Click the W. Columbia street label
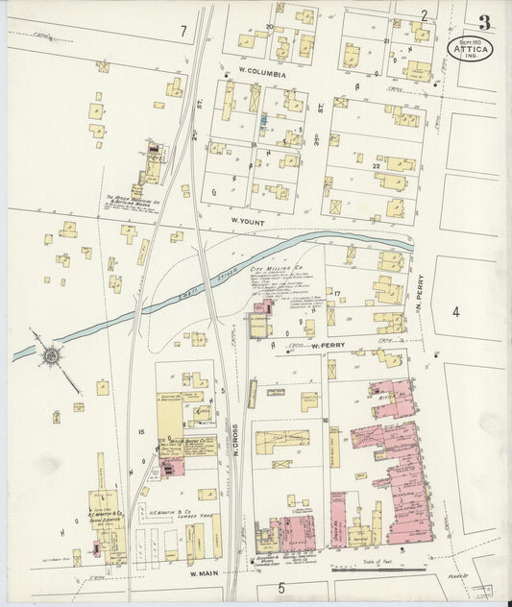(x=262, y=73)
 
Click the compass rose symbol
(x=50, y=355)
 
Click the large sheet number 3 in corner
(x=485, y=21)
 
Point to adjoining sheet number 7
(x=183, y=32)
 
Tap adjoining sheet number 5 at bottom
(x=282, y=587)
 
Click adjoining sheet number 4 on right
(x=456, y=311)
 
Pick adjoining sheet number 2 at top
(x=423, y=15)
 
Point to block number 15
(x=141, y=433)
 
